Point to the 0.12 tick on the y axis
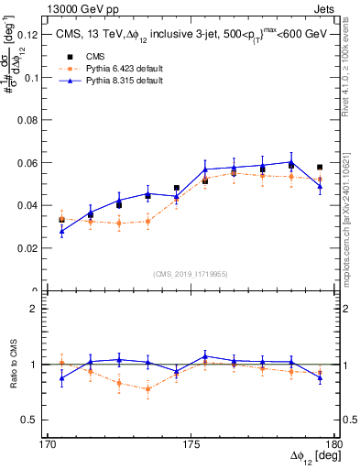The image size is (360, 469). coord(27,35)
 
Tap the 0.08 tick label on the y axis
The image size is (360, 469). coord(27,120)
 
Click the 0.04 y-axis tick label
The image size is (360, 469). coord(27,205)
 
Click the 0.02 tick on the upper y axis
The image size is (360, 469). coord(27,248)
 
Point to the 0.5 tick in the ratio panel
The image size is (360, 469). coord(33,420)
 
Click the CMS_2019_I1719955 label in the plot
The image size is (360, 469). coord(191,273)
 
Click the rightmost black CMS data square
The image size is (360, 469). coord(319,168)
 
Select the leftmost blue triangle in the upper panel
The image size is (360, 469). coord(61,231)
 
